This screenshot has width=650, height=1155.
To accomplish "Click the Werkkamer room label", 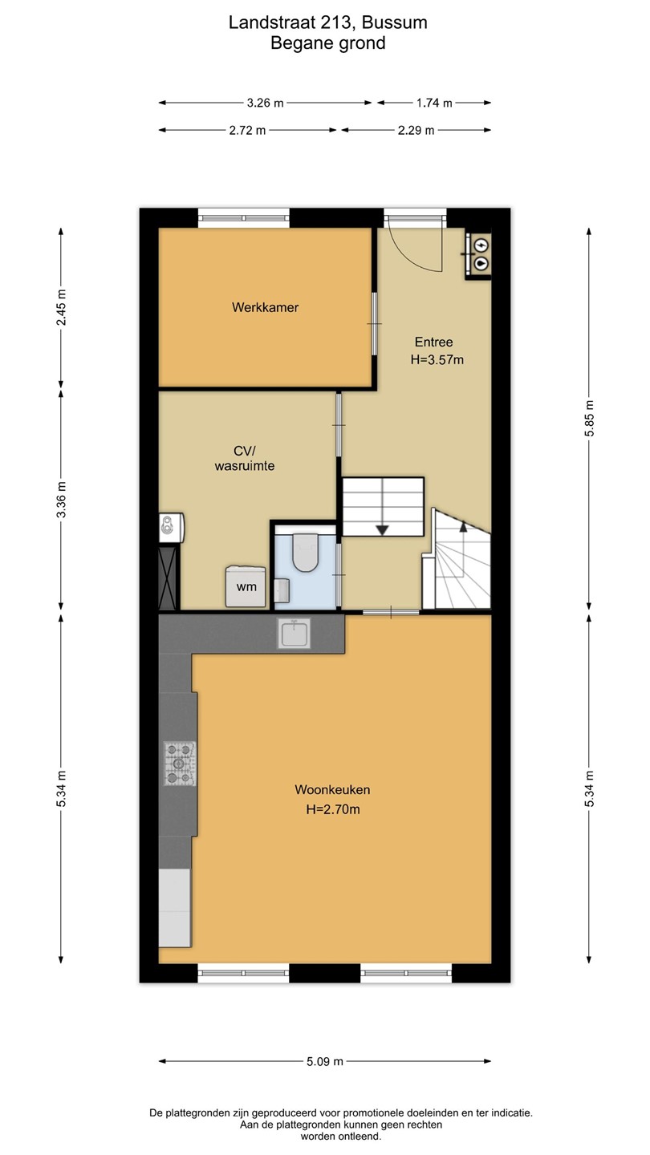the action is (265, 307).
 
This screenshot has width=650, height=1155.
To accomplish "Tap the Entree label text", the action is (434, 342).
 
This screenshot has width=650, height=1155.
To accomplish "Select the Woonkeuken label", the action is (332, 789).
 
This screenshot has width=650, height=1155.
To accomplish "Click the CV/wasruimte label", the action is (245, 459).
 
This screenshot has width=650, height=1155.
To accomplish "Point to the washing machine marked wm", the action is (246, 586).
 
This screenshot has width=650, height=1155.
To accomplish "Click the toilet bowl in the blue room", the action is (305, 552).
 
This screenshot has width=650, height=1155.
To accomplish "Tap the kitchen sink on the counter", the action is (294, 633).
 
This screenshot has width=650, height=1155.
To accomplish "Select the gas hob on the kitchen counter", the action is (180, 763).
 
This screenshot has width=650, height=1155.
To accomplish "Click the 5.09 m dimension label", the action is (325, 1061).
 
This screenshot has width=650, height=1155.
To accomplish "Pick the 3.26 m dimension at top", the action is (265, 103).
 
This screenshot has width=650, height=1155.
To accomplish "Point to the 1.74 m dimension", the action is (434, 103).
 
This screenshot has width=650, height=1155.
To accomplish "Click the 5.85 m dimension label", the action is (589, 418).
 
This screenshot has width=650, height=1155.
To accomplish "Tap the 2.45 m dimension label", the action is (61, 307).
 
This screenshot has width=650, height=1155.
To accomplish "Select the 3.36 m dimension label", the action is (61, 500).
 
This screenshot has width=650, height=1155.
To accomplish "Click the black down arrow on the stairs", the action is (382, 529).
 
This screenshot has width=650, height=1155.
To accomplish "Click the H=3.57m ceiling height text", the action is (437, 360).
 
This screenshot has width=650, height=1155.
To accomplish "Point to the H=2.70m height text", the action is (333, 809).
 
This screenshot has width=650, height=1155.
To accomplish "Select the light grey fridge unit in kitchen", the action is (175, 907).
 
